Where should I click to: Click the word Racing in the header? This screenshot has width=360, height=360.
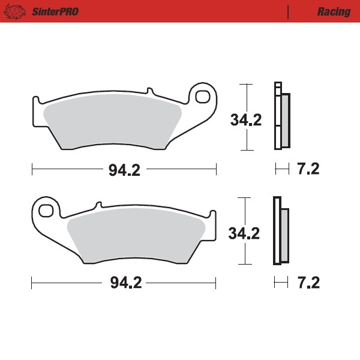pyautogui.click(x=334, y=11)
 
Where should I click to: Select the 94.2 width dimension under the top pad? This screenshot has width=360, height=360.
pyautogui.click(x=124, y=170)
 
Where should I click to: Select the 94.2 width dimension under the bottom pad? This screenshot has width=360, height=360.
pyautogui.click(x=124, y=283)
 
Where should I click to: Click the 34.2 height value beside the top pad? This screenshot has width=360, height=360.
pyautogui.click(x=246, y=120)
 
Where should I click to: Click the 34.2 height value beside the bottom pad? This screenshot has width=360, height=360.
pyautogui.click(x=244, y=233)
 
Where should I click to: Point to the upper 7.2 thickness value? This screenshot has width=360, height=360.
pyautogui.click(x=308, y=170)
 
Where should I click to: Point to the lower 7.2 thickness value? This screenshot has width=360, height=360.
pyautogui.click(x=308, y=283)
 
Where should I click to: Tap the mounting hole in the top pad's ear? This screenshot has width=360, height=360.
pyautogui.click(x=202, y=96)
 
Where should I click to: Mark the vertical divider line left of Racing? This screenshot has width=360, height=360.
pyautogui.click(x=289, y=11)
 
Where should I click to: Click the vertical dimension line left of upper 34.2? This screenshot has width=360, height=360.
pyautogui.click(x=245, y=96)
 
